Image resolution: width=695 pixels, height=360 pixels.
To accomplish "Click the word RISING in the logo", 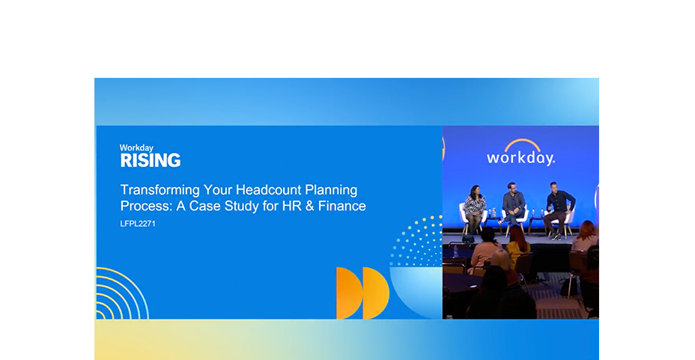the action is coord(151,160).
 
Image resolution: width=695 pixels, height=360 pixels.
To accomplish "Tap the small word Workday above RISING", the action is coord(136,148).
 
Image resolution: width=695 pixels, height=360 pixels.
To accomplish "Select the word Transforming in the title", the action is coord(160,190).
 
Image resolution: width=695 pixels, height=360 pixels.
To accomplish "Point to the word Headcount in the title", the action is coord(269,190).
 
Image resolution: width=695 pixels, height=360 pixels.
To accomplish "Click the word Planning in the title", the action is coord(331,190).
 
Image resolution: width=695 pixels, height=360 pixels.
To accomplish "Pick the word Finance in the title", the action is coord(342,206).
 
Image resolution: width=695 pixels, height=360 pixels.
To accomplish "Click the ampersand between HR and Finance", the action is coord(309,206).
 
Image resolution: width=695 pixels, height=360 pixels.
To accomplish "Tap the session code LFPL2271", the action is coord(138,224).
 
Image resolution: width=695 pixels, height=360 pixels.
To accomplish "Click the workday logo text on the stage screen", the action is coord(521,158).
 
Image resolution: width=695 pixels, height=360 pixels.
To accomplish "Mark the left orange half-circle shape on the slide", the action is coord(348,293).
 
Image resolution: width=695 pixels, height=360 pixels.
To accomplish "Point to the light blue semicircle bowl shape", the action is coord(416,290).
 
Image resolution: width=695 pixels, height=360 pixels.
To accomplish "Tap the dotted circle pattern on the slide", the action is coord(419,242).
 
